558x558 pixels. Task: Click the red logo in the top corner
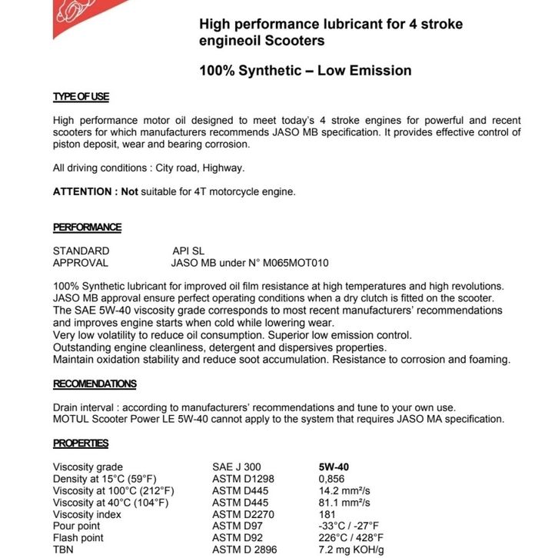click(76, 16)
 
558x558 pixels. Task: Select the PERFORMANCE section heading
click(87, 227)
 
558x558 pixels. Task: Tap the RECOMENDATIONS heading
click(95, 384)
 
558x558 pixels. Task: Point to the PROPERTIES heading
click(81, 443)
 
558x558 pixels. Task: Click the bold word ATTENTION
click(83, 191)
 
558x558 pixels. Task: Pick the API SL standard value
click(188, 251)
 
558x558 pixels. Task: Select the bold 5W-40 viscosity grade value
click(335, 467)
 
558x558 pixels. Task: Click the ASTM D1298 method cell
click(244, 479)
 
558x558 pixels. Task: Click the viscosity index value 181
click(327, 514)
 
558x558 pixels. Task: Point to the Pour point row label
click(78, 526)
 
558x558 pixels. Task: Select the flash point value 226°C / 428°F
click(350, 538)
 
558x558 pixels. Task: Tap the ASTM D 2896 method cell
click(247, 550)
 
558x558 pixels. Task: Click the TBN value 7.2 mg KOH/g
click(351, 550)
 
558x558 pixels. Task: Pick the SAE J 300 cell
click(236, 467)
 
